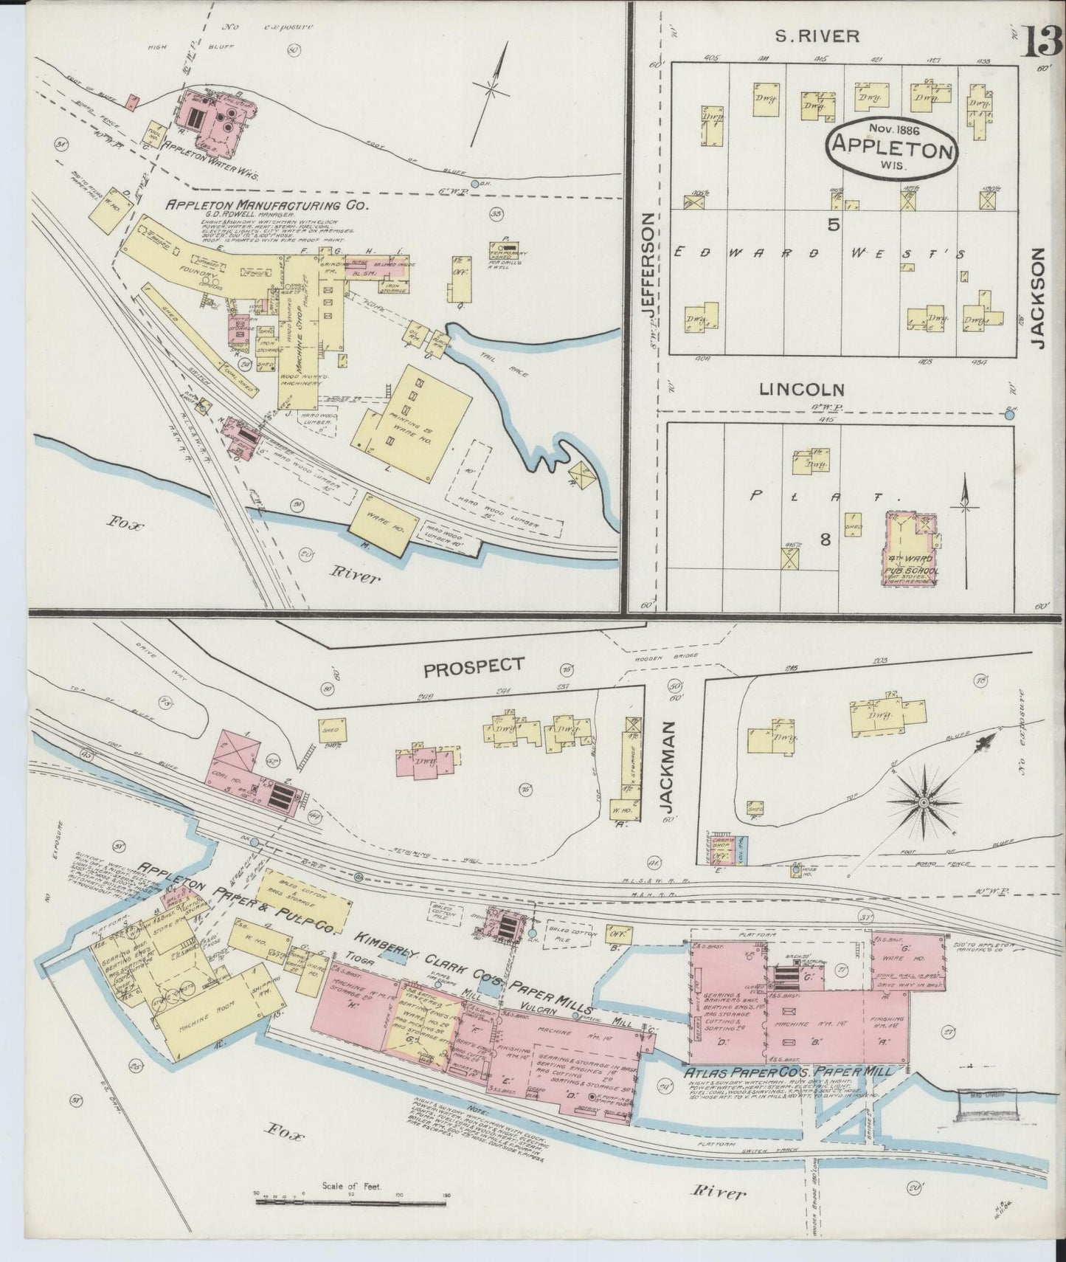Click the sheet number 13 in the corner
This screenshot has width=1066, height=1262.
point(1040,39)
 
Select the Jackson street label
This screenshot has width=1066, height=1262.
point(1039,297)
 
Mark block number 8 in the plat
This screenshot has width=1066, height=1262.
point(825,540)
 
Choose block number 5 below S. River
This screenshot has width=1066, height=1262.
point(833,226)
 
